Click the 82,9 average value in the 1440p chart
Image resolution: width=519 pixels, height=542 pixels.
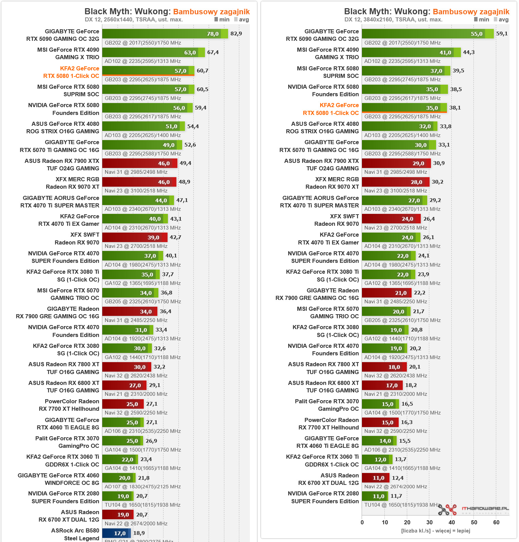236,34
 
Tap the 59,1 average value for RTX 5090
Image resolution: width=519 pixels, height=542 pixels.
502,34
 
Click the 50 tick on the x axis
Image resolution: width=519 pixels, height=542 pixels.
474,522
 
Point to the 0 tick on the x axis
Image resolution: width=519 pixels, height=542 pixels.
362,522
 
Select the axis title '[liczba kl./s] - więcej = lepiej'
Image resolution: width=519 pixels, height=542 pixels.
435,531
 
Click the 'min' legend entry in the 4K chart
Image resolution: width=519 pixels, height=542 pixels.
482,19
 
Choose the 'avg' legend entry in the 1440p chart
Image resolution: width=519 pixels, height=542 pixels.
242,19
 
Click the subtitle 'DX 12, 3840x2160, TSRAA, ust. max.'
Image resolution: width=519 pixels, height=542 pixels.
393,19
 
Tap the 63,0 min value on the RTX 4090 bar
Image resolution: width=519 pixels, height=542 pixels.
190,52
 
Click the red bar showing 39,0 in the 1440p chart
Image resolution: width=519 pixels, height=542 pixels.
134,237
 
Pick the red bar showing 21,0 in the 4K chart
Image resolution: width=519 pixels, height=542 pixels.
386,293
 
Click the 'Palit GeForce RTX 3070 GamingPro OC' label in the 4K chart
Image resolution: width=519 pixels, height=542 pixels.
327,405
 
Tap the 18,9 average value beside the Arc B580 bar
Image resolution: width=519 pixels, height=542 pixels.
139,533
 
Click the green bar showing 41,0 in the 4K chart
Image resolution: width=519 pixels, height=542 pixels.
411,52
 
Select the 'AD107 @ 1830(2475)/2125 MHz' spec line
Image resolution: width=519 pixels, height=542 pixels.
142,487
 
